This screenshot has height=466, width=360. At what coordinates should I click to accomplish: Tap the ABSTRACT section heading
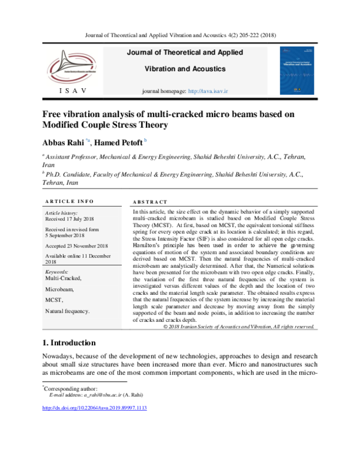coord(149,202)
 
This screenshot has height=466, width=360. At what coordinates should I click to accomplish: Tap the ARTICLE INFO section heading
coord(69,201)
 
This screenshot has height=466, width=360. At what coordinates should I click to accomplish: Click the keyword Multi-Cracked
coord(63,278)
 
